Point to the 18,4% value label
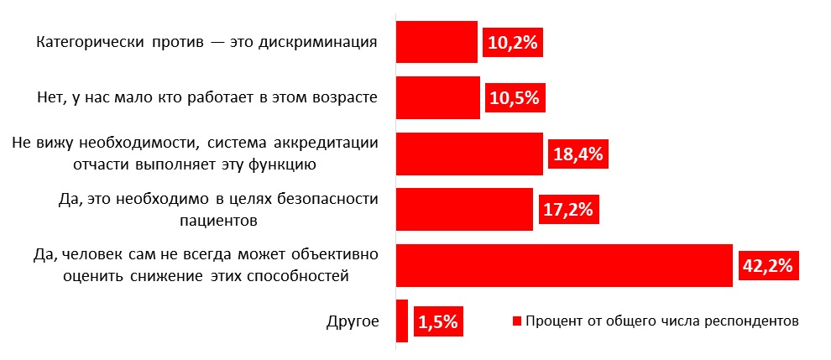578,154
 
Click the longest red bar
562,265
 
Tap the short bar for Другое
401,321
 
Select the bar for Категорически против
436,42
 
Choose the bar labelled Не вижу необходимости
469,154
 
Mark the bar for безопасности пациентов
464,209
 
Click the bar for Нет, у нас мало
437,97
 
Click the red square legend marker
517,321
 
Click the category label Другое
352,321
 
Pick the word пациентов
218,221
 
